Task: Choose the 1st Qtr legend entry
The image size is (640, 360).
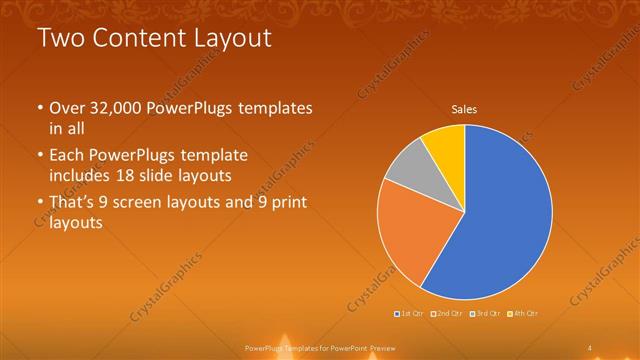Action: point(409,313)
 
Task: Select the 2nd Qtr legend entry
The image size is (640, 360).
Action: point(447,313)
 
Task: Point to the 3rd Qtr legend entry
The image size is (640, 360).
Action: point(485,313)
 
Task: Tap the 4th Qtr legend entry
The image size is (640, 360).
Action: point(523,313)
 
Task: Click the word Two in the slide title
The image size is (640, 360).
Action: point(58,40)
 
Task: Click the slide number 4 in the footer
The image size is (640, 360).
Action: point(590,347)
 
